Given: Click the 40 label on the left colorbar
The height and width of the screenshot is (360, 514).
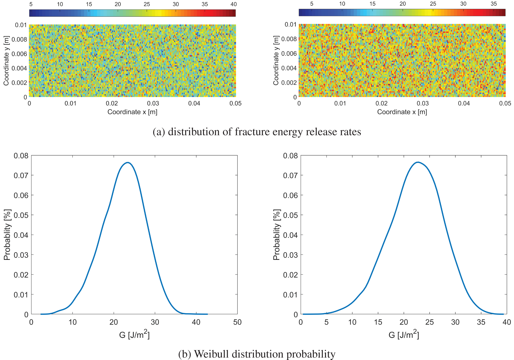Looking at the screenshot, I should pos(233,4).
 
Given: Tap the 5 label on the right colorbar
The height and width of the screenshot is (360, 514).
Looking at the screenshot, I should pos(312,4).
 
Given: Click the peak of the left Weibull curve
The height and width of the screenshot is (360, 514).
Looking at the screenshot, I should pos(128,163).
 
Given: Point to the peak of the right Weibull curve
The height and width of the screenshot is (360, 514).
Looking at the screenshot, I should pos(418,162).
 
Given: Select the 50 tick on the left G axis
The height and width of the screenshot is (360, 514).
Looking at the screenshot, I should pos(237,322).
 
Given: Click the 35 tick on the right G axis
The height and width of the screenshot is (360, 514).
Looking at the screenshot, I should pos(481,322).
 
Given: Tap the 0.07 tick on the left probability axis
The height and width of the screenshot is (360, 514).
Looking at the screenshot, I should pos(21,175).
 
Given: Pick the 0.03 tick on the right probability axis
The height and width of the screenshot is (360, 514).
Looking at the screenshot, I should pos(290,255).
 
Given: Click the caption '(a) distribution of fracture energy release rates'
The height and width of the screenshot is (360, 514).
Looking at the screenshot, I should pos(257,132).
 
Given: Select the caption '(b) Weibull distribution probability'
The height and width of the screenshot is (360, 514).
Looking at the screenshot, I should pos(257,354).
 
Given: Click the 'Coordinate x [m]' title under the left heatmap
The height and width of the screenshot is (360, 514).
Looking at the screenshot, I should pos(132,112).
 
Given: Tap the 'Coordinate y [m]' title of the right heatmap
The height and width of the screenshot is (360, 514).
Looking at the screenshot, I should pos(276,60).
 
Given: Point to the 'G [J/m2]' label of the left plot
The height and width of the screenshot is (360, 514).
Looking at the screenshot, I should pos(134,335).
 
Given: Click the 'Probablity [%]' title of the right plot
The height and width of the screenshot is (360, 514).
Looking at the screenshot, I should pos(276,235).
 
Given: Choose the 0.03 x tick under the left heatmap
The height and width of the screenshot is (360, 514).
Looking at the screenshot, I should pos(153,103).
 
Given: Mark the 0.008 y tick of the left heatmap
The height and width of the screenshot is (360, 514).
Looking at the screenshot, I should pos(19,40).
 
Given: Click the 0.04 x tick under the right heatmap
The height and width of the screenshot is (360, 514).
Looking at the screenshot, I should pos(464,103).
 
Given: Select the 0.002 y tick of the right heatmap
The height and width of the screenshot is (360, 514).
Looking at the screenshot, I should pos(289,83).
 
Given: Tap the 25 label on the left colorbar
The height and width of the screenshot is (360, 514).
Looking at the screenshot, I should pos(147,4).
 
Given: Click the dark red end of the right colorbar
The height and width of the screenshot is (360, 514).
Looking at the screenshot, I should pos(504,12).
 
